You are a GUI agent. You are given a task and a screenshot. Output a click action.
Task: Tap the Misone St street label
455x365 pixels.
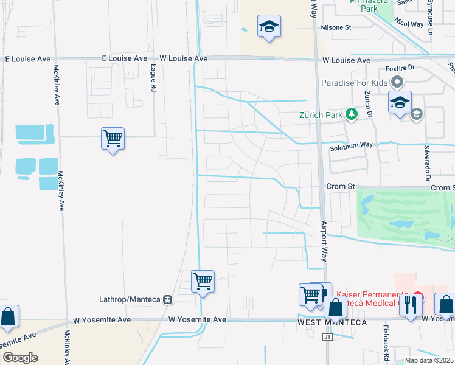click(x=336, y=28)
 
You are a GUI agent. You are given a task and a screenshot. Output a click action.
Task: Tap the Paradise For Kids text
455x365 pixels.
click(x=355, y=83)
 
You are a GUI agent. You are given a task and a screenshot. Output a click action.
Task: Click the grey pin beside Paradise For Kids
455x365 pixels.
click(x=398, y=82)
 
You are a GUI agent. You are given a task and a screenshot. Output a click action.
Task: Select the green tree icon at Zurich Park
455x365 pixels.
click(x=350, y=114)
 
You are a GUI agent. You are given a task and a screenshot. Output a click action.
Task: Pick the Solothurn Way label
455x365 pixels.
click(x=351, y=144)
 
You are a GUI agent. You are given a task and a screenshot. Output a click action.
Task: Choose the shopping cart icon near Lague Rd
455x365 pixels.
click(x=113, y=139)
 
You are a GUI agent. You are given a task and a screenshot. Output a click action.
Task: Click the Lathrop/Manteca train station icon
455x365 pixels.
click(x=167, y=299)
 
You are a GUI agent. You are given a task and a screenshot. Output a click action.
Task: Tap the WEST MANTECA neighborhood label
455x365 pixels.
click(x=332, y=322)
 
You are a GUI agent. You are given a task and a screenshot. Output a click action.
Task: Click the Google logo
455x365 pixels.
click(x=19, y=358)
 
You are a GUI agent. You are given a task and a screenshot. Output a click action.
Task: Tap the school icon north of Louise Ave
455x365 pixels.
click(x=269, y=26)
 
